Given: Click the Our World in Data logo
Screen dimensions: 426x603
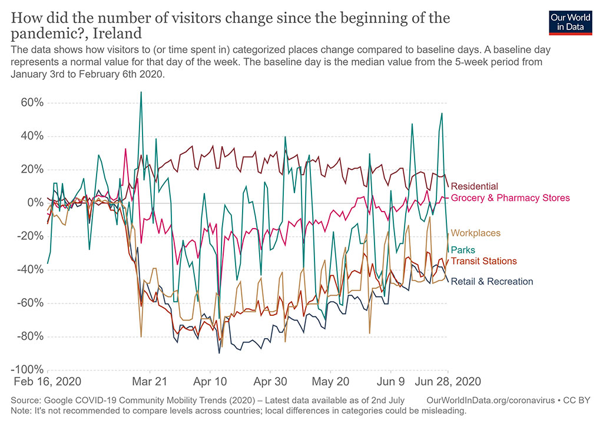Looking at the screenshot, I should click(x=570, y=21).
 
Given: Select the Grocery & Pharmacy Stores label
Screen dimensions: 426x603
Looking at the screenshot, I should click(x=511, y=198).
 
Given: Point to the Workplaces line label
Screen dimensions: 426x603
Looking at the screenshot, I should click(x=475, y=233).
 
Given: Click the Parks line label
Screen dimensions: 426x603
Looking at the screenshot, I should click(x=463, y=250).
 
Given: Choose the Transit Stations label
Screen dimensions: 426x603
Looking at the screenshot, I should click(x=483, y=261).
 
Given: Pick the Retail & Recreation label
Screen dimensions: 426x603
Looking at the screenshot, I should click(x=492, y=282).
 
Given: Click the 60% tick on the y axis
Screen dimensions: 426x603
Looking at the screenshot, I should click(x=27, y=103).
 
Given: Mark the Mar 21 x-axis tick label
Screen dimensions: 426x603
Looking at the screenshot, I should click(x=150, y=381).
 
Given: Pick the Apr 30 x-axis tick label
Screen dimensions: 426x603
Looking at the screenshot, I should click(x=270, y=381).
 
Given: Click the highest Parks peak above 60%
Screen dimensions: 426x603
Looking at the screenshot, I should click(x=141, y=92).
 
